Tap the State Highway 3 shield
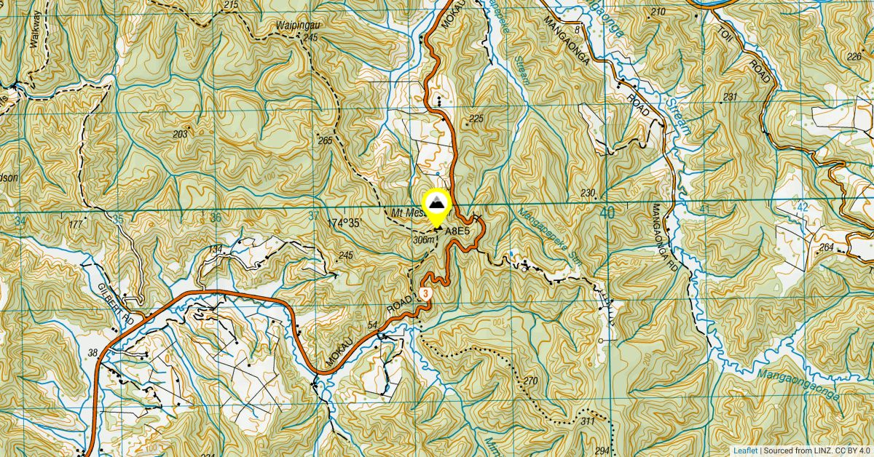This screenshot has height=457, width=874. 426,293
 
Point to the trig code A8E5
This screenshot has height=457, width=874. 455,231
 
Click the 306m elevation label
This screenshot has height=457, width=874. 423,239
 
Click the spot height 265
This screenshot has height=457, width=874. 325,140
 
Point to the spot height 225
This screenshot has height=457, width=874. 476,119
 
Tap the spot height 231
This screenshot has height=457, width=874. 731,98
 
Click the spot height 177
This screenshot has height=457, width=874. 76,225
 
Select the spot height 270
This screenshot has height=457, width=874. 529,381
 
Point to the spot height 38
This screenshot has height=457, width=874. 92,353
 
